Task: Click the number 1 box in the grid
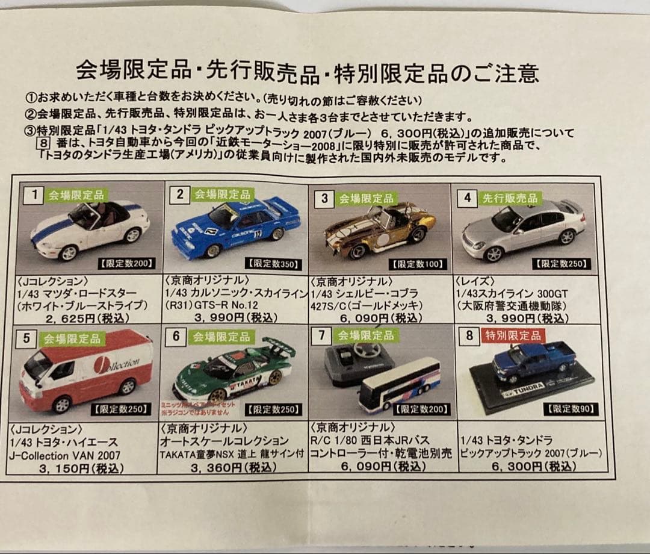tap(34, 195)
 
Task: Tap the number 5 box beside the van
tap(26, 338)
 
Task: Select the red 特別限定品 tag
tap(512, 335)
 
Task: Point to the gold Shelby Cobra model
tap(379, 232)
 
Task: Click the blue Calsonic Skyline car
tap(235, 228)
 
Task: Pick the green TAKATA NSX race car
tap(234, 371)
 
